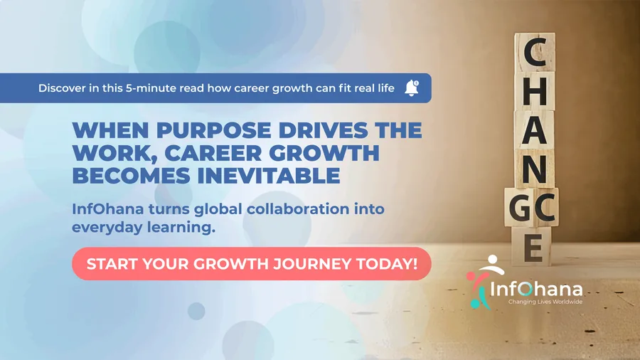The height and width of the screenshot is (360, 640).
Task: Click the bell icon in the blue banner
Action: tap(412, 88)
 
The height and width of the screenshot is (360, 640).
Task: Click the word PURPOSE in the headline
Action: tap(214, 130)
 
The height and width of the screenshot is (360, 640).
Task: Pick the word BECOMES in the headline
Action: tap(132, 176)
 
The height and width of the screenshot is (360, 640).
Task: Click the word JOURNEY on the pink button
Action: tap(313, 264)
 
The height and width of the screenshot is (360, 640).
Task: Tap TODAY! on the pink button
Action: tap(388, 264)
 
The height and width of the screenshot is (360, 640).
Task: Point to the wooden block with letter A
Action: tap(534, 129)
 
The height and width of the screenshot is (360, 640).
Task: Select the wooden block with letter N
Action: tap(534, 169)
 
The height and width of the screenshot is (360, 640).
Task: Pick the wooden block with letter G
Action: tap(519, 207)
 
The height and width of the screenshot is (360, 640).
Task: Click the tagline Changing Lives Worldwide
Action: tap(545, 302)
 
